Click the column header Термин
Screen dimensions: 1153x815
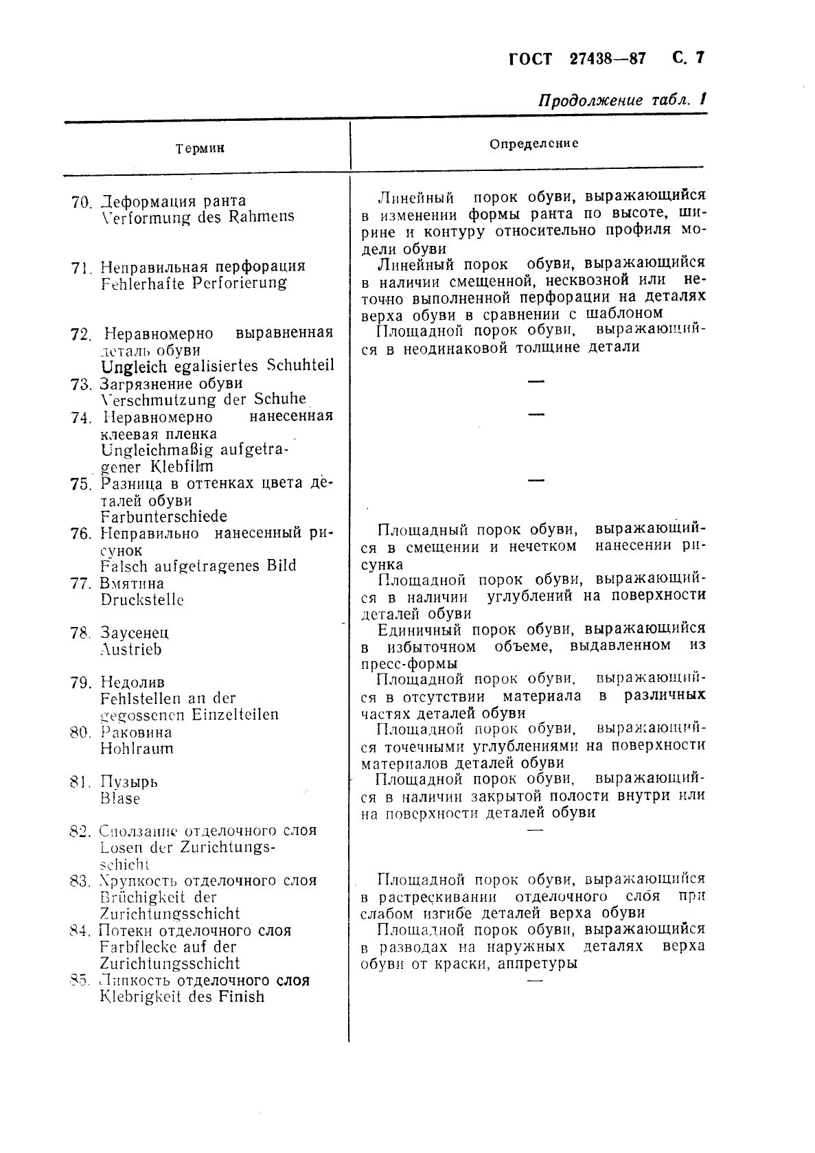(x=199, y=148)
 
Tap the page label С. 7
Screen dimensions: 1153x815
(x=688, y=58)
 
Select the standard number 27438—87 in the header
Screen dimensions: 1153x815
(x=608, y=59)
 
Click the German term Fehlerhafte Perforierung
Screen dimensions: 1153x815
(x=194, y=283)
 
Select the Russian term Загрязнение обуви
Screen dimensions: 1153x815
(x=171, y=384)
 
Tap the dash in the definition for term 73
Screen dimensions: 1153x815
(x=536, y=381)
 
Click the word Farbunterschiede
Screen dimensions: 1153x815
(x=163, y=516)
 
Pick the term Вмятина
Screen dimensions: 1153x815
(x=133, y=584)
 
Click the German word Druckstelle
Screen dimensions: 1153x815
(x=142, y=600)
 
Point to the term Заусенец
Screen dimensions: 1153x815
(x=135, y=633)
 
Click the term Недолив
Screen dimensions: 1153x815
(x=133, y=683)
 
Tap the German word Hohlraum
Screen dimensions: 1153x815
(x=137, y=749)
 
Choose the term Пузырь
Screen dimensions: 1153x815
(x=129, y=782)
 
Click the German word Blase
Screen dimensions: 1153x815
(x=120, y=799)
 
